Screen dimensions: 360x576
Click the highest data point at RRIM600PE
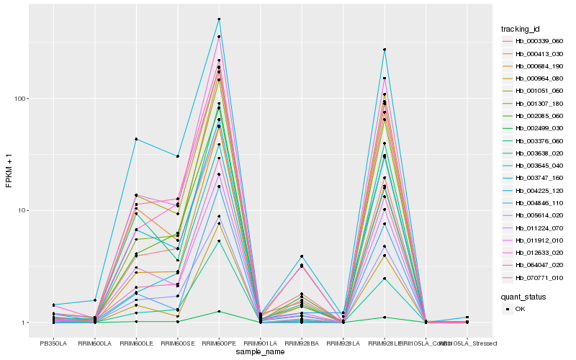click(x=219, y=19)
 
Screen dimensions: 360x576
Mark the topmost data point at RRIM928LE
click(x=384, y=50)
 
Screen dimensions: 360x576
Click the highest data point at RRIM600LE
click(x=136, y=139)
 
